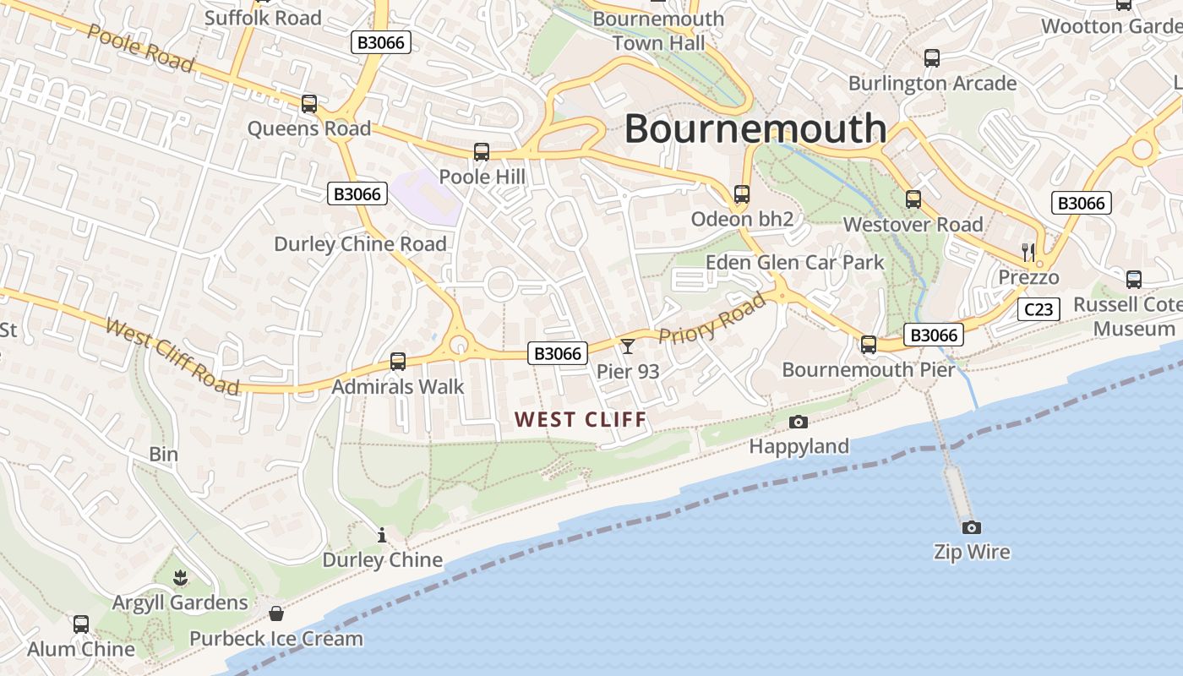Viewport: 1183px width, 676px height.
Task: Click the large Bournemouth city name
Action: (x=755, y=128)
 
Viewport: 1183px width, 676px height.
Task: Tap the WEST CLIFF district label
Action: (x=581, y=419)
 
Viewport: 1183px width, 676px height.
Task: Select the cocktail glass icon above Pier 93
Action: (x=628, y=346)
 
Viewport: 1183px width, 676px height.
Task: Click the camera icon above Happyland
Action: (x=798, y=422)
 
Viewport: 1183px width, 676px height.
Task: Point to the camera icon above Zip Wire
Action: (x=972, y=527)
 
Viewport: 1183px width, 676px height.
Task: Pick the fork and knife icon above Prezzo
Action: (x=1028, y=251)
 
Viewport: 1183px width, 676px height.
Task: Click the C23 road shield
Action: (x=1039, y=309)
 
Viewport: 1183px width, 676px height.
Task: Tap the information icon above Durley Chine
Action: (x=382, y=535)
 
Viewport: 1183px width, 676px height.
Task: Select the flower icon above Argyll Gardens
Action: (x=180, y=578)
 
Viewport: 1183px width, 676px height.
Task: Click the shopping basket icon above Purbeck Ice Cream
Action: (x=275, y=613)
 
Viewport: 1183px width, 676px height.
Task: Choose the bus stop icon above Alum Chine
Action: (x=81, y=624)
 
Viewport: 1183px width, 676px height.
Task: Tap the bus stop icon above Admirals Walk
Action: (x=398, y=362)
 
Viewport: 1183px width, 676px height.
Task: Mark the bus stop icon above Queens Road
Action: (x=309, y=104)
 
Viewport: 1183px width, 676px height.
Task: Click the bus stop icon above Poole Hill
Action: (x=482, y=152)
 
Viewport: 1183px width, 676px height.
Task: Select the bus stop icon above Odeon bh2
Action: (x=742, y=194)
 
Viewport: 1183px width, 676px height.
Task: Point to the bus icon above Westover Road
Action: (x=913, y=199)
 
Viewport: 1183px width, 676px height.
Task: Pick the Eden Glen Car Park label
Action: (x=794, y=262)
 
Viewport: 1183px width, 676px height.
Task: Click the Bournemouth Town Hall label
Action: (x=658, y=30)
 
